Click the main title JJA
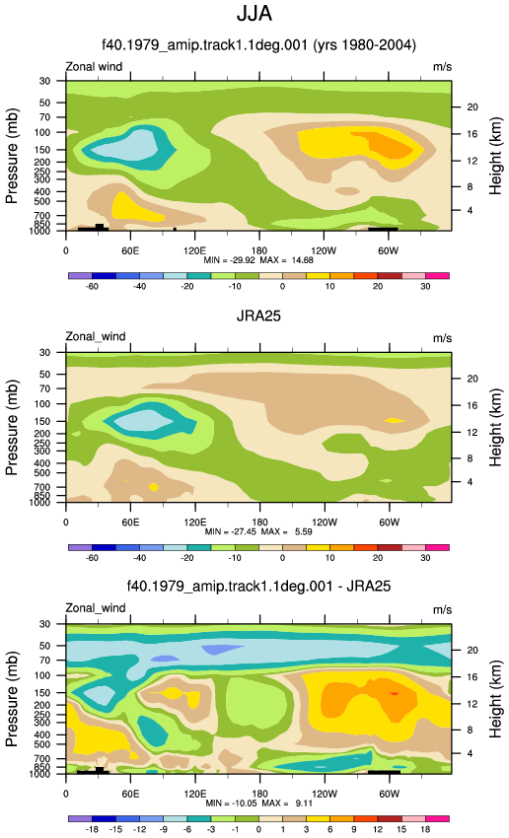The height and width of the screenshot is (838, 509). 254,14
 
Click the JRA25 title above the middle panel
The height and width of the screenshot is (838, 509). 258,315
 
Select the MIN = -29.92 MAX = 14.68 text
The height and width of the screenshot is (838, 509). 258,260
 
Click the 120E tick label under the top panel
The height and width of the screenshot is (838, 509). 194,251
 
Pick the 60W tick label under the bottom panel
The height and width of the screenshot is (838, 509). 390,794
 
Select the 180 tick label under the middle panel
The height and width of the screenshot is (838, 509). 259,523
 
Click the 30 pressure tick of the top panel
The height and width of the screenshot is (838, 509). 44,81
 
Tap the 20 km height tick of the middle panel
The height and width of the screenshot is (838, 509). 473,379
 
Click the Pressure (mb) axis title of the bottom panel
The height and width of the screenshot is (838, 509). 12,699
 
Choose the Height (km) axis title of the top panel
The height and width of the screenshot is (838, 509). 495,156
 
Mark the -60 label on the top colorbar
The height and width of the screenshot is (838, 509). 92,287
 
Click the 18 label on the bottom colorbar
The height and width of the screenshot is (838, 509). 425,829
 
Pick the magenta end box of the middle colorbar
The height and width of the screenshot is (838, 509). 437,547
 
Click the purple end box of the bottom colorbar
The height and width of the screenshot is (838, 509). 80,818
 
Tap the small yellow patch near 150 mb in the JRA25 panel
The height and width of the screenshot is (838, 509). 395,421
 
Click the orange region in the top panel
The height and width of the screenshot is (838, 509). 388,144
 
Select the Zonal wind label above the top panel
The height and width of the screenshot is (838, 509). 94,67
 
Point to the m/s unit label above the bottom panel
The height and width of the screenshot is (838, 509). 442,610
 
